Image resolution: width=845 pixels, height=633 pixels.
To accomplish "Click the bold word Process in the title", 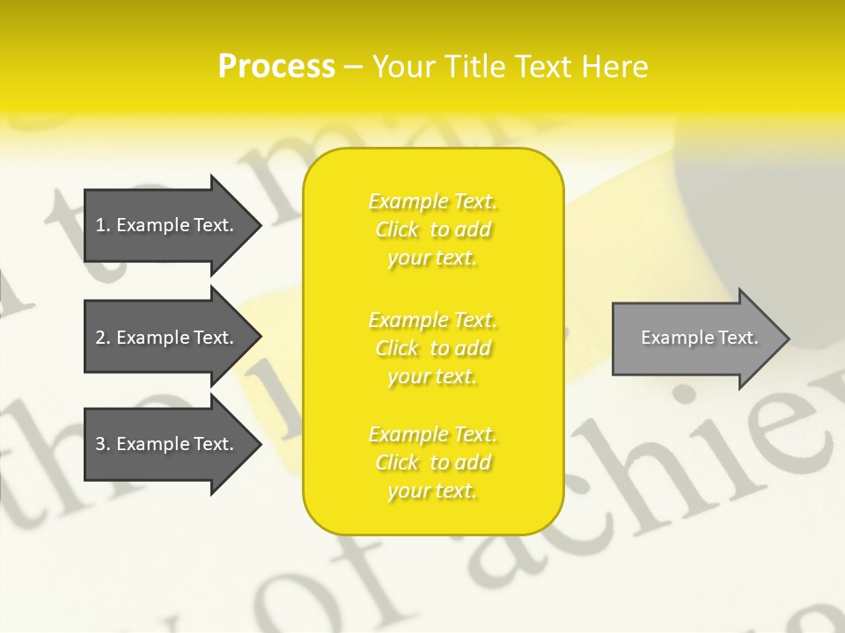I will tap(276, 67).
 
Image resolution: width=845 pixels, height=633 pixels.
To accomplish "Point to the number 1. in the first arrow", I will tap(102, 225).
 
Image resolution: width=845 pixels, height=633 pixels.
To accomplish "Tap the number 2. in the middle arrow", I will tap(102, 338).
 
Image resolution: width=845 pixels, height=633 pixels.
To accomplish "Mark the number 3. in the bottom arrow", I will tap(102, 444).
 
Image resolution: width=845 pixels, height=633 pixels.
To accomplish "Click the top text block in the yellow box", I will tap(432, 229).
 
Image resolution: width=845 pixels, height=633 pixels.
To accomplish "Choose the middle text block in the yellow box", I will tap(432, 348).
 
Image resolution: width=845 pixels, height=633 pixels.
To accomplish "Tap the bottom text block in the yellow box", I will tap(432, 462).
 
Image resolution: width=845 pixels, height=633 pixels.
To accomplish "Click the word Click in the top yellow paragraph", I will tap(397, 230).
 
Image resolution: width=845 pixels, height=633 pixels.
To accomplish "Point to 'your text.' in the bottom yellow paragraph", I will tap(432, 491).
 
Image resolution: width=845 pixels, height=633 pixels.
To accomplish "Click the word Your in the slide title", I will tap(402, 67).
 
